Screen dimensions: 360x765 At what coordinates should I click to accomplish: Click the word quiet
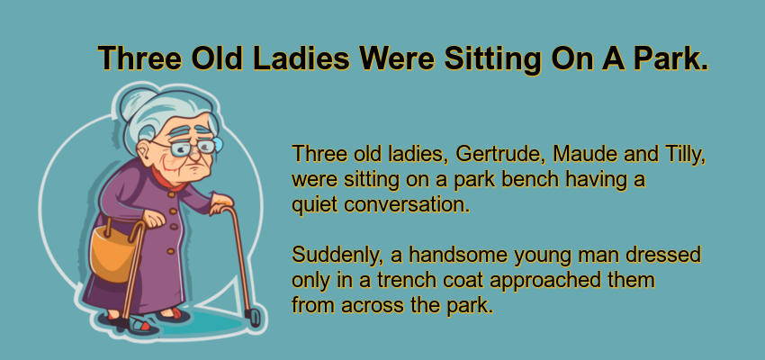click(x=313, y=204)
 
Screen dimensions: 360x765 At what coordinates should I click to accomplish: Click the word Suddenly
click(x=332, y=255)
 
